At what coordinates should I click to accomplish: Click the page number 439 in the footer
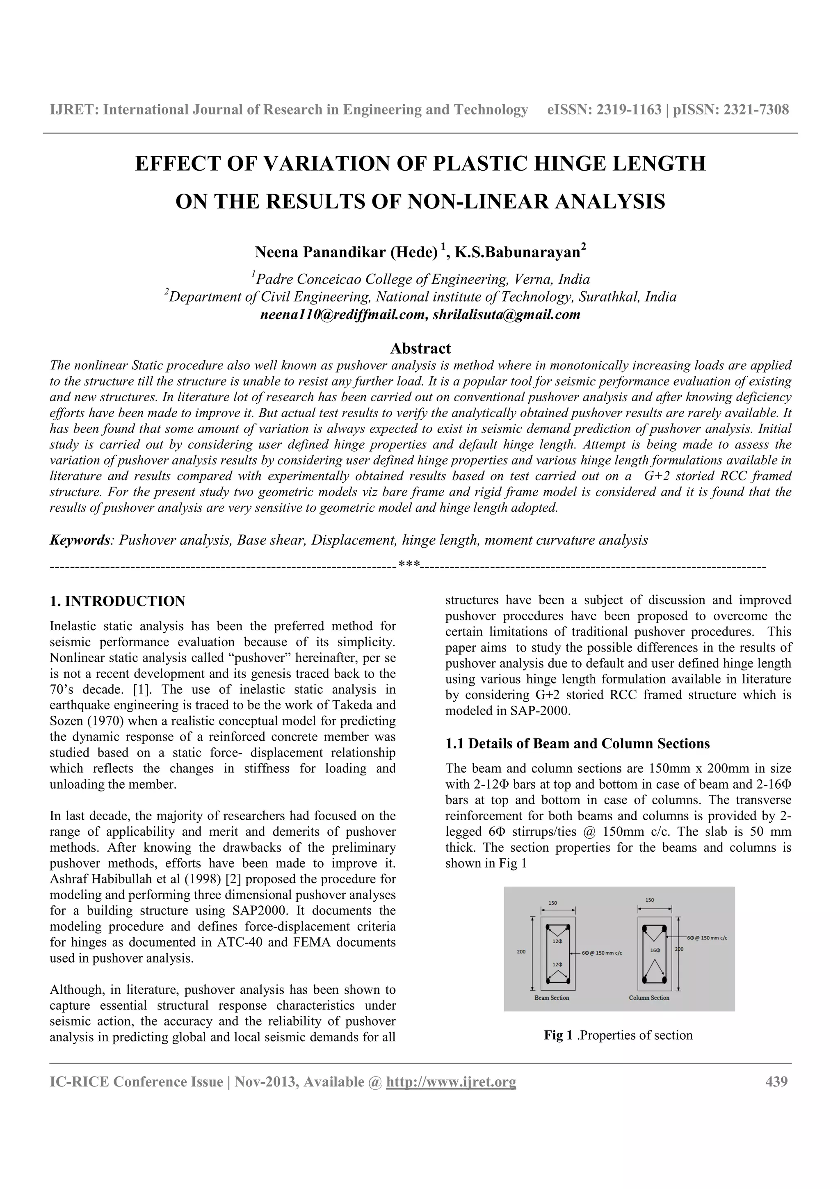point(776,1081)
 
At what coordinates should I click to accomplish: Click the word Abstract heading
point(420,348)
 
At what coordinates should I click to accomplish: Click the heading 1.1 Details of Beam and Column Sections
point(577,744)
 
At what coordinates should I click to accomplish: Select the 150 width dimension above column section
point(650,900)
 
